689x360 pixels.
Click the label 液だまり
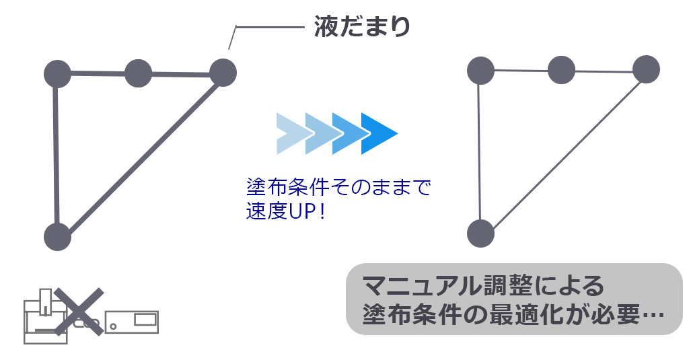(x=362, y=28)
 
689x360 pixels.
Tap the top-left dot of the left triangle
(x=57, y=73)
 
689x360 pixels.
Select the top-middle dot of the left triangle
(x=138, y=73)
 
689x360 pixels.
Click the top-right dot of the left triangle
(x=223, y=73)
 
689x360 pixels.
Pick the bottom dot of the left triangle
(x=57, y=236)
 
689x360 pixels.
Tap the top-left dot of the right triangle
(x=480, y=70)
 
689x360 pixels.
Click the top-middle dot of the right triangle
(x=561, y=69)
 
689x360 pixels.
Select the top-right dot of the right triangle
(x=646, y=69)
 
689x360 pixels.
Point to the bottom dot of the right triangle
(x=480, y=233)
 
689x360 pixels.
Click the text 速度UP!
(x=285, y=211)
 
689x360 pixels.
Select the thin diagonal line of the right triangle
(x=563, y=151)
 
